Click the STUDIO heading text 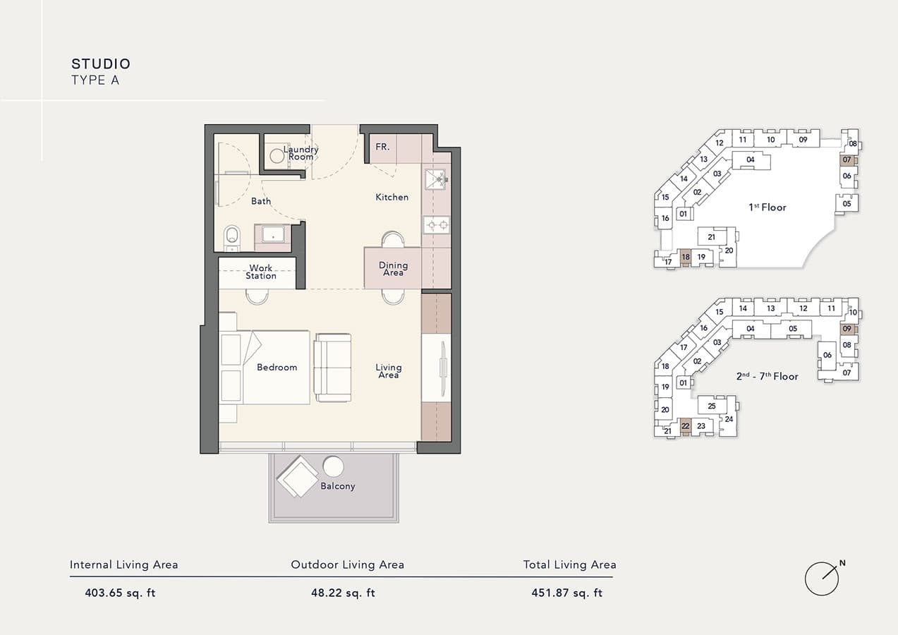[101, 64]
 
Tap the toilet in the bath [231, 238]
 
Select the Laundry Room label [301, 153]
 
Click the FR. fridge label [382, 147]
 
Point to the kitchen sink [437, 179]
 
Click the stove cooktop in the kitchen [437, 226]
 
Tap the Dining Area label [393, 269]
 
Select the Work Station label [261, 272]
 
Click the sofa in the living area [332, 368]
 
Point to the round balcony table [333, 466]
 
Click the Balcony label [338, 486]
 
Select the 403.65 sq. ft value [120, 593]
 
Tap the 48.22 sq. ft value [343, 593]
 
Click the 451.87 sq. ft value [566, 593]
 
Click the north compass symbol [823, 579]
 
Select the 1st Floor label [767, 207]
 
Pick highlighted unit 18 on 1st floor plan [686, 258]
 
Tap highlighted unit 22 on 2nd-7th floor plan [685, 426]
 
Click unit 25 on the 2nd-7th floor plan [711, 406]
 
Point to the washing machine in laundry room [277, 156]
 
